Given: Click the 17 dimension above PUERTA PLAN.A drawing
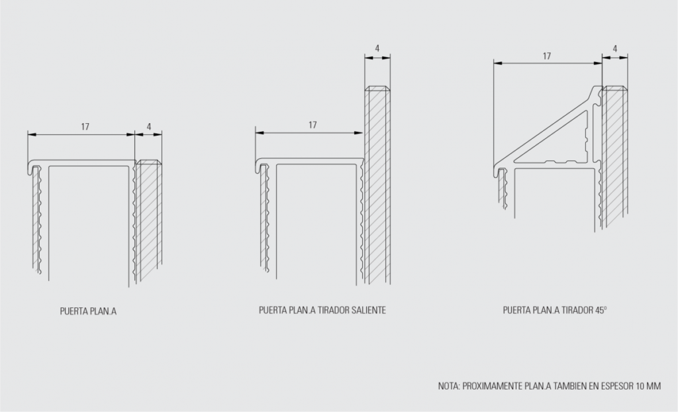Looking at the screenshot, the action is [85, 127].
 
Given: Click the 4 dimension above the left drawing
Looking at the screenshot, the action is [149, 127].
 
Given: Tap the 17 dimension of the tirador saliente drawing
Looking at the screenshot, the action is [313, 125].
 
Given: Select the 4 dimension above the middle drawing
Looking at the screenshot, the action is [377, 48].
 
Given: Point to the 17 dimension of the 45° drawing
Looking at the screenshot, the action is [547, 56].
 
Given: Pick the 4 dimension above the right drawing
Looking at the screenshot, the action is [615, 49].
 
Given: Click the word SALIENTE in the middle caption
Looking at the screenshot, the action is [368, 310].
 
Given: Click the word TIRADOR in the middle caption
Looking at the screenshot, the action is [333, 310].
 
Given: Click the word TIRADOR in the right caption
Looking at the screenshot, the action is [577, 310].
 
